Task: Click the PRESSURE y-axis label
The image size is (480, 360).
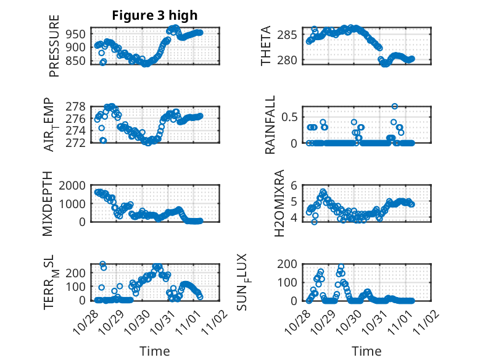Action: pyautogui.click(x=54, y=51)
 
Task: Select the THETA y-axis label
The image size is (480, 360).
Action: pyautogui.click(x=267, y=46)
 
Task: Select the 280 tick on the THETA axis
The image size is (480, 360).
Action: pyautogui.click(x=292, y=59)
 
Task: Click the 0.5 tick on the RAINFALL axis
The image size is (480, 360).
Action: pyautogui.click(x=293, y=116)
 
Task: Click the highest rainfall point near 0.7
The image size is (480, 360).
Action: pyautogui.click(x=395, y=106)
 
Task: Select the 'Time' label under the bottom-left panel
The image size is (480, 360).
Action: pyautogui.click(x=154, y=351)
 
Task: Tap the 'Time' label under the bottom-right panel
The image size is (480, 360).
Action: pyautogui.click(x=366, y=351)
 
